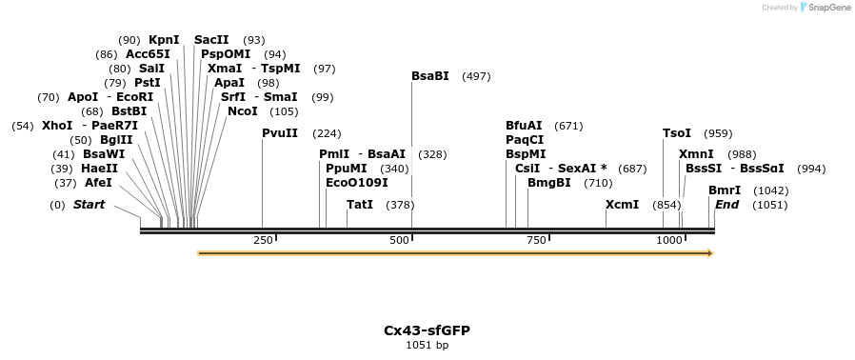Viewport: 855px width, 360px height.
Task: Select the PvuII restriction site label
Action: coord(280,133)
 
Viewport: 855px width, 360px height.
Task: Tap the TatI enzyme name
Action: coord(360,205)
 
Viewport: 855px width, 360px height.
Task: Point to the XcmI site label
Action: coord(622,205)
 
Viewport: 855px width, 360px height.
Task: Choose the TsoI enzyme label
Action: coord(677,133)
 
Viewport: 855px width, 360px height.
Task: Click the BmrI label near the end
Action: coord(725,190)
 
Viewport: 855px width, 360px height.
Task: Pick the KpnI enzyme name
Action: coord(164,40)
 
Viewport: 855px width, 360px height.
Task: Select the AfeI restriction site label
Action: coord(98,182)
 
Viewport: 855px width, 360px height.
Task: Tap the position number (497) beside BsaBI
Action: coord(476,76)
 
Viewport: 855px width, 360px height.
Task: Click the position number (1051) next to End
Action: coord(770,205)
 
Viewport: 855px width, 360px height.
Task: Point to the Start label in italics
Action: coord(89,205)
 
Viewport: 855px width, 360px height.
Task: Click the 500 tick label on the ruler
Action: coord(400,240)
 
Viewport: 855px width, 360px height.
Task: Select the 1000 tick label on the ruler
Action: coord(669,240)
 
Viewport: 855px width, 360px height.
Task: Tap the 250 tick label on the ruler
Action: coord(264,240)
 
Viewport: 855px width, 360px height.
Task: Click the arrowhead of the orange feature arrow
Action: coord(709,253)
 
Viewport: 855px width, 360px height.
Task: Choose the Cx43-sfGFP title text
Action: coord(427,330)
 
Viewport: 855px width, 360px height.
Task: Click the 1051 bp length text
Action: coord(427,345)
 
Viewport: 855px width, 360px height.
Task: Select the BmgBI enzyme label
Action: coord(549,182)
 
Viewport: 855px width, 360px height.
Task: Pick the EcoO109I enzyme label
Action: coord(357,182)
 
